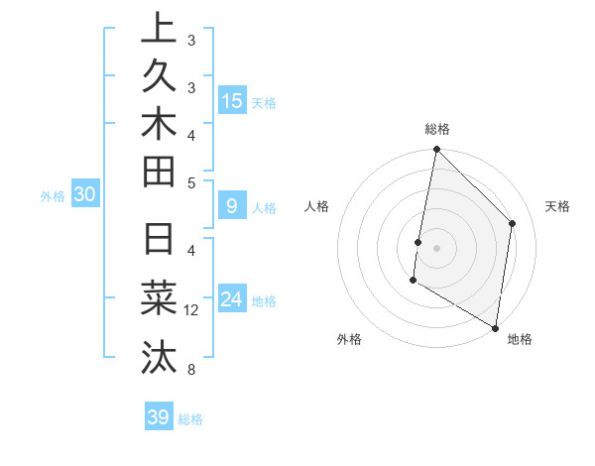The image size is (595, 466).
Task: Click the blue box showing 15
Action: pyautogui.click(x=231, y=100)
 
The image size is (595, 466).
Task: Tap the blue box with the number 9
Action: pyautogui.click(x=231, y=206)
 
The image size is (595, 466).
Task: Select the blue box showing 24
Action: pyautogui.click(x=231, y=299)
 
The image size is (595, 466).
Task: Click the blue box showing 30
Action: pyautogui.click(x=85, y=195)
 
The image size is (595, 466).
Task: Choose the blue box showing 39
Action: pyautogui.click(x=158, y=417)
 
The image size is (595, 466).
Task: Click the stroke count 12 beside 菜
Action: pyautogui.click(x=191, y=310)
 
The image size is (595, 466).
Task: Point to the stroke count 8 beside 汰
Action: pyautogui.click(x=191, y=370)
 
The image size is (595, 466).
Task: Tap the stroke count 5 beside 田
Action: pyautogui.click(x=191, y=182)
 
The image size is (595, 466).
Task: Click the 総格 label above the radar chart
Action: pyautogui.click(x=437, y=129)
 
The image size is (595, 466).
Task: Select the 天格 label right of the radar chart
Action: pyautogui.click(x=557, y=206)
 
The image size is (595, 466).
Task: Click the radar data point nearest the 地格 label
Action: pyautogui.click(x=495, y=326)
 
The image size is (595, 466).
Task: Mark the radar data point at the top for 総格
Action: pyautogui.click(x=436, y=150)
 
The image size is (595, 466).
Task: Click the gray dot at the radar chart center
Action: pyautogui.click(x=436, y=247)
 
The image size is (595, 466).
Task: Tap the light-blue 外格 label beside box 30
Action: pyautogui.click(x=53, y=196)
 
